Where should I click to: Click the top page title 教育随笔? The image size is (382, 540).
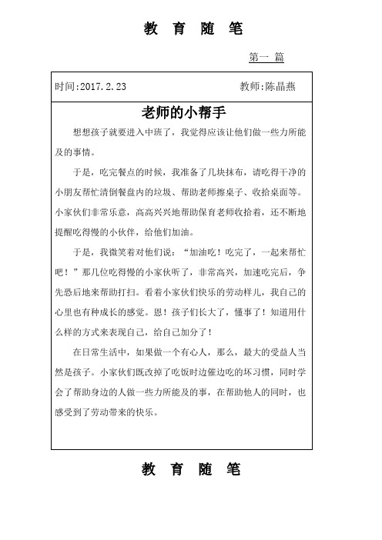pyautogui.click(x=192, y=29)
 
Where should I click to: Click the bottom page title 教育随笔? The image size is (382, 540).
pyautogui.click(x=192, y=469)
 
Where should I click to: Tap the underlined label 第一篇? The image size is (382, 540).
pyautogui.click(x=267, y=58)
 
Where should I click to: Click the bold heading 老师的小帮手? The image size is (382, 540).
pyautogui.click(x=182, y=109)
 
